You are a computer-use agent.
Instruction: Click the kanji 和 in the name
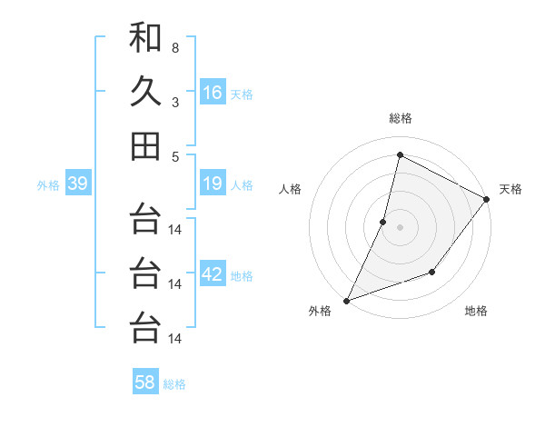(145, 38)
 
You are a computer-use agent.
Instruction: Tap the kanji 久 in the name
(145, 92)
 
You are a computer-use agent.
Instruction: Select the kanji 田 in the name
(145, 145)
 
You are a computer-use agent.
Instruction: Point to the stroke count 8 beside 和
(175, 47)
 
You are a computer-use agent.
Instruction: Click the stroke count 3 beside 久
(175, 102)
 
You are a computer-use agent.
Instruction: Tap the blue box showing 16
(213, 93)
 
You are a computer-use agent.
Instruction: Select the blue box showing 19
(213, 184)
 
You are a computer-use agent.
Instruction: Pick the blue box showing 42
(213, 275)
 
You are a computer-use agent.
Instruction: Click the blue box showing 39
(77, 184)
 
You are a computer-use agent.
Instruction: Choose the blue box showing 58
(145, 382)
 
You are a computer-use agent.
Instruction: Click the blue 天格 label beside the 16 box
(242, 94)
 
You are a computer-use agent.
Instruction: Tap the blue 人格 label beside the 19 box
(242, 185)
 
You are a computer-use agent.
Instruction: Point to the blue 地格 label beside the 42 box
(242, 276)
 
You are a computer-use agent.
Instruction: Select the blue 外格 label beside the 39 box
(48, 185)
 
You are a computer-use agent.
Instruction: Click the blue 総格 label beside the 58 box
(174, 384)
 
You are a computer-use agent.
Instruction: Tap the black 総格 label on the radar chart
(400, 118)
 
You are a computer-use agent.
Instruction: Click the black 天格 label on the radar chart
(510, 189)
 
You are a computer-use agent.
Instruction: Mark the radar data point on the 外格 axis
(346, 301)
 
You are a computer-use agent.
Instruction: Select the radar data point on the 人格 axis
(383, 222)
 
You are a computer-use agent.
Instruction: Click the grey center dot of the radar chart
(400, 227)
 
